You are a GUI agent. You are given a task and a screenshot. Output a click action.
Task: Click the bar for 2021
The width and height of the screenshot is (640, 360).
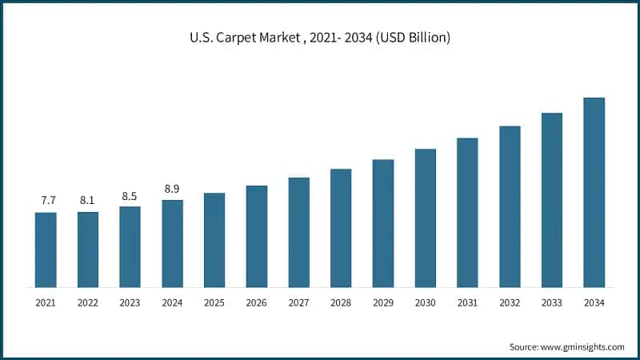(46, 250)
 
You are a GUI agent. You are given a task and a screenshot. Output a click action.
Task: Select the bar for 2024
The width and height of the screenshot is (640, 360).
(172, 243)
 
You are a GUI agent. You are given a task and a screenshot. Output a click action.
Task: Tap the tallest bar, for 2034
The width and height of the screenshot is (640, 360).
(594, 192)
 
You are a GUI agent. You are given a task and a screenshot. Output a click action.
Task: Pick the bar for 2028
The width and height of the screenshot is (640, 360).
(341, 228)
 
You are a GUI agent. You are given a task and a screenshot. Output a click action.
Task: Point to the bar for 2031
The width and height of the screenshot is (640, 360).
(467, 213)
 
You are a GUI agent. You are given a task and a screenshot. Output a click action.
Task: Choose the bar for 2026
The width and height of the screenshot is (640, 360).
(257, 236)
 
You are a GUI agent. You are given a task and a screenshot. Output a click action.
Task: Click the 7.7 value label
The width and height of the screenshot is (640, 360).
(46, 199)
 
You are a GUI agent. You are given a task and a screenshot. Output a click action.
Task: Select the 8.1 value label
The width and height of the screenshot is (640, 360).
(87, 199)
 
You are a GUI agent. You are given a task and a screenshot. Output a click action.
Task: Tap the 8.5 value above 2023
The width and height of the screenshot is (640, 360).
(130, 194)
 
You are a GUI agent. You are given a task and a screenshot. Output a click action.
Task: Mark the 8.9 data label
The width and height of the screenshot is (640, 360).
(172, 188)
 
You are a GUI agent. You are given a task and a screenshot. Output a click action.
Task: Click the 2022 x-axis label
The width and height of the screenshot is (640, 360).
(87, 303)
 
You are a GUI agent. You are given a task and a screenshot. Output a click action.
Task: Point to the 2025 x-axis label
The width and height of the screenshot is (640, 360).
(214, 303)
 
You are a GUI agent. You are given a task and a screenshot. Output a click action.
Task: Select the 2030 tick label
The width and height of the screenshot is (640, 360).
(425, 303)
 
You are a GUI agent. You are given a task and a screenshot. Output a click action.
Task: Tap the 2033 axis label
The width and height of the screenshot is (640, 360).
(551, 303)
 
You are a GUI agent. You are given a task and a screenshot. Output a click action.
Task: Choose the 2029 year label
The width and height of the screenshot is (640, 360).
(382, 303)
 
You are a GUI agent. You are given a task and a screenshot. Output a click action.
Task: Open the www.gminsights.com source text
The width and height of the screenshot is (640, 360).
(584, 346)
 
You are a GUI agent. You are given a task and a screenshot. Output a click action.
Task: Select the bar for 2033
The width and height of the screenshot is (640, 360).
(551, 200)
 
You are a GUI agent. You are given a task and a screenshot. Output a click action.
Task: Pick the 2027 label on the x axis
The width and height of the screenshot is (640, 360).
(298, 303)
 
